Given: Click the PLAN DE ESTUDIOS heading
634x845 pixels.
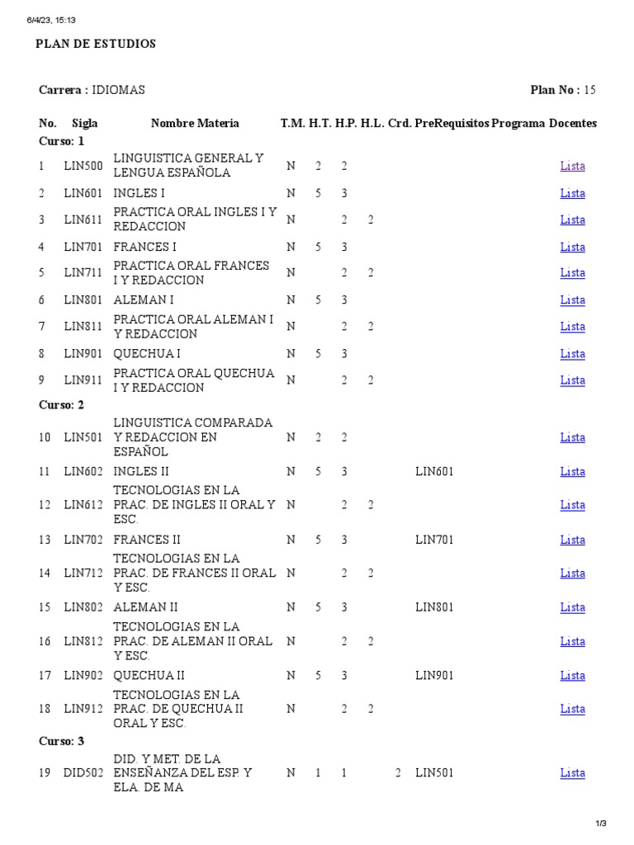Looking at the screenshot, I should click(x=96, y=44).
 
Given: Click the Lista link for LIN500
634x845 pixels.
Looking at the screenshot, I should click(x=572, y=166).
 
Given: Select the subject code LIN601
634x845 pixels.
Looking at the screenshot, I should click(x=83, y=193).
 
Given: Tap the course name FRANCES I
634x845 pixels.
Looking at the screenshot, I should click(x=144, y=247).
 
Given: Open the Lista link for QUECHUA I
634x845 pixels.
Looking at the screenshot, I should click(x=572, y=354).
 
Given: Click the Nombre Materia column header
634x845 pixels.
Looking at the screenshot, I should click(x=195, y=123).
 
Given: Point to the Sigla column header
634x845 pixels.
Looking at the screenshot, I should click(x=85, y=123).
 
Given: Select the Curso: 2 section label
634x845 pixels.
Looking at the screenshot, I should click(x=62, y=405).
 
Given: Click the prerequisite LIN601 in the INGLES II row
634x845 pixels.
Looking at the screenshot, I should click(x=434, y=472).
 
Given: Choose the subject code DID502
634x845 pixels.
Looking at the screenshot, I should click(x=83, y=773).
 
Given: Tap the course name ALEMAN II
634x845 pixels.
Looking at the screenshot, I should click(x=145, y=607).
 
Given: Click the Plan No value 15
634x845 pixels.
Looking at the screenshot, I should click(x=589, y=90).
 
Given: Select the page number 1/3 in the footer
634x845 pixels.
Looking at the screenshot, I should click(x=601, y=823).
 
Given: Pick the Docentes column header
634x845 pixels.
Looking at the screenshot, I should click(x=573, y=123).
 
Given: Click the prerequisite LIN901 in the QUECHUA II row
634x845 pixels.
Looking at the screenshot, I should click(x=434, y=676).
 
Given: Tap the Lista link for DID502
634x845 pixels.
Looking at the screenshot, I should click(x=572, y=773).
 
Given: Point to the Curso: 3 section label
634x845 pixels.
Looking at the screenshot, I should click(x=62, y=741).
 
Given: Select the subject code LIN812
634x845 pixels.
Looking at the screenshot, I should click(x=83, y=641).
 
